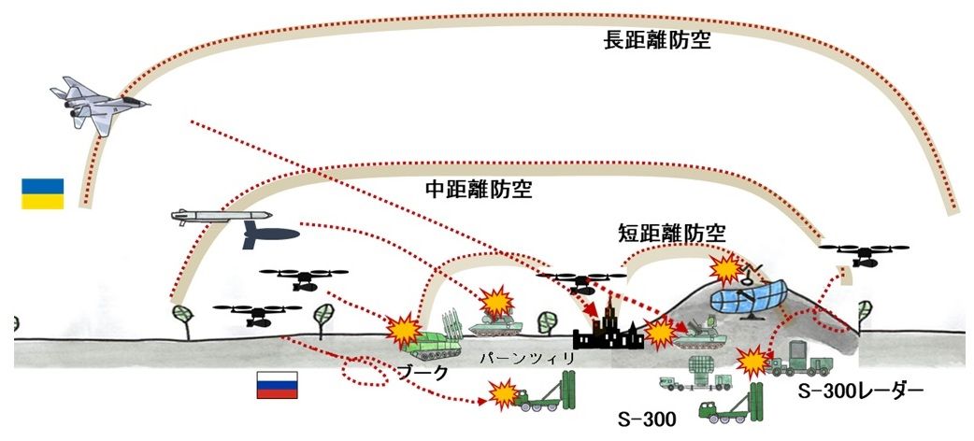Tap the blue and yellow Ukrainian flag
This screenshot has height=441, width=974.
43,193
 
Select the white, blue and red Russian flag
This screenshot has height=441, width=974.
277,384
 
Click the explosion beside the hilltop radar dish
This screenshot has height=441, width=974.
725,270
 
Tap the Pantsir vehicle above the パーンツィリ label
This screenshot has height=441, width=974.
496,322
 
